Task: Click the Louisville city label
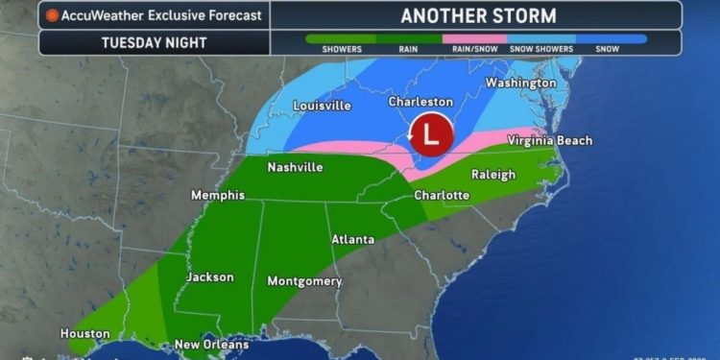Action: coord(322,105)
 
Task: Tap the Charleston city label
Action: coord(420,101)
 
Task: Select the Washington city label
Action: coord(520,83)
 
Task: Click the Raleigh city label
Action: coord(493,174)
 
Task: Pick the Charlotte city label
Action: coord(442,195)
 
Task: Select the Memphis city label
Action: coord(217,195)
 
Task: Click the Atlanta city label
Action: coord(352,238)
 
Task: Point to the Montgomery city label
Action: coord(305,281)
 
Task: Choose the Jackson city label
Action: coord(210,276)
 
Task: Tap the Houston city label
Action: coord(85,333)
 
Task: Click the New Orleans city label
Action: coord(211,345)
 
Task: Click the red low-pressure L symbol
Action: coord(430,134)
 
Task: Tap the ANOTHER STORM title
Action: coord(476,14)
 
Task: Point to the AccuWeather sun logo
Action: coord(53,15)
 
